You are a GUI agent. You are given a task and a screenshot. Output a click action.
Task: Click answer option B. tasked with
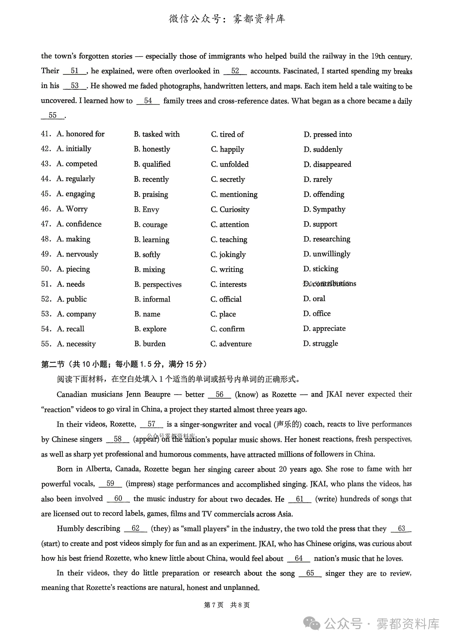pyautogui.click(x=157, y=134)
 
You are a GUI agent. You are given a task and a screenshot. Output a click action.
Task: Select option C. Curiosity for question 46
pyautogui.click(x=230, y=209)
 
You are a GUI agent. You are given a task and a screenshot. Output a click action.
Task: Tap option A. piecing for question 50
pyautogui.click(x=73, y=269)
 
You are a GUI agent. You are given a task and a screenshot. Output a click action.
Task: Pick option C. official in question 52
pyautogui.click(x=226, y=299)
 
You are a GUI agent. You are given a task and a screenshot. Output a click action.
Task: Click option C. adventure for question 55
pyautogui.click(x=231, y=344)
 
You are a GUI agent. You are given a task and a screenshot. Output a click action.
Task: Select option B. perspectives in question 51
pyautogui.click(x=158, y=284)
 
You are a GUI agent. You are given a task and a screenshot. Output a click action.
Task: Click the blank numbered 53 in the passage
pyautogui.click(x=75, y=86)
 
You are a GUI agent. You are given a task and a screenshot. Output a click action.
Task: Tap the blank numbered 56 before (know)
pyautogui.click(x=219, y=394)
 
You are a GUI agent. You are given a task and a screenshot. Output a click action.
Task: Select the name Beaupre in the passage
pyautogui.click(x=157, y=394)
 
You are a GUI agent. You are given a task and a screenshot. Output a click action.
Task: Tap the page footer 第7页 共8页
pyautogui.click(x=227, y=605)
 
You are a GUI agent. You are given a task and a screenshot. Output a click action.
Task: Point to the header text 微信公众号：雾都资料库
pyautogui.click(x=227, y=19)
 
